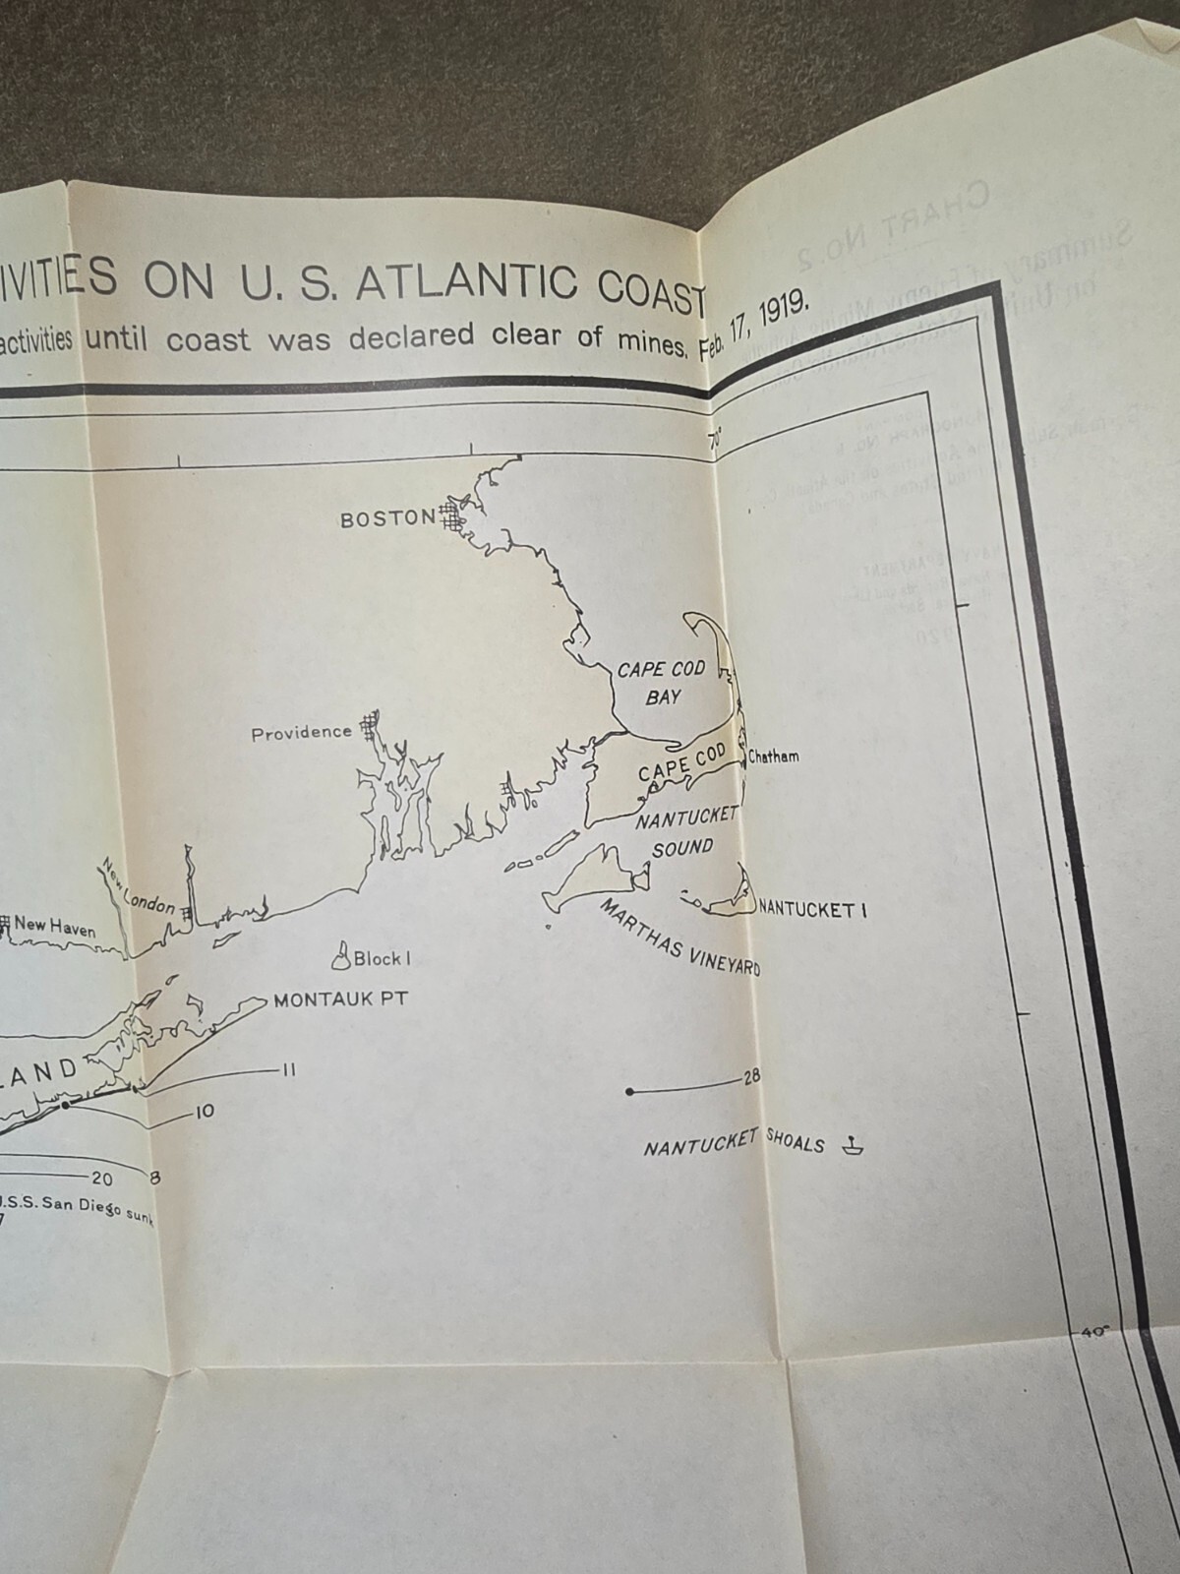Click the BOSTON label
tap(386, 518)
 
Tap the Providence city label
tap(301, 733)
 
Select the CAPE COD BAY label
tap(662, 683)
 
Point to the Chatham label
tap(773, 757)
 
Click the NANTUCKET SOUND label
tap(686, 831)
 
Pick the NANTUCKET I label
tap(812, 910)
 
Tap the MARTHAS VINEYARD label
tap(679, 937)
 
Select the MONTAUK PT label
tap(340, 999)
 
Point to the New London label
tap(138, 888)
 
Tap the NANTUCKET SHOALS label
tap(734, 1143)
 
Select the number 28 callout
tap(751, 1077)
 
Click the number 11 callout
tap(288, 1069)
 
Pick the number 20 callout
tap(102, 1179)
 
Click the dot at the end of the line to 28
tap(630, 1092)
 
